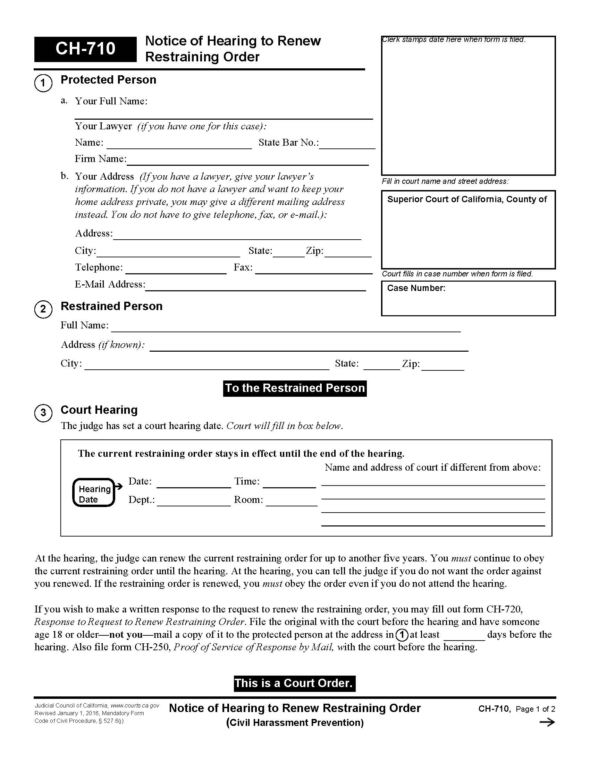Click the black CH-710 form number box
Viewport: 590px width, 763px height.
(85, 49)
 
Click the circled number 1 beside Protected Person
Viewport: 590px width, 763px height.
(43, 83)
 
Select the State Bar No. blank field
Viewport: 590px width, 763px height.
(347, 145)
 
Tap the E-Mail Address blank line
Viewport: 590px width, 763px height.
(255, 286)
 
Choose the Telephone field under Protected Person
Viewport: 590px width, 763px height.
(176, 269)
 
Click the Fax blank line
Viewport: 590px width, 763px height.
(313, 269)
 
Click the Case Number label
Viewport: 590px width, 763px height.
(416, 288)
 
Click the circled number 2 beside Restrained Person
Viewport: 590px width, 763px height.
(43, 309)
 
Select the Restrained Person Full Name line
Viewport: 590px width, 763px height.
(286, 327)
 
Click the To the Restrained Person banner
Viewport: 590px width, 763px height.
(295, 388)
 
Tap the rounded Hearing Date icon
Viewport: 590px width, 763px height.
(94, 492)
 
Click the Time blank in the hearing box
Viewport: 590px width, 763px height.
(289, 483)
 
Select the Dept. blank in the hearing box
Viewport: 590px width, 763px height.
(194, 501)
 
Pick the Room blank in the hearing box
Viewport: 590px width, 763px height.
(291, 501)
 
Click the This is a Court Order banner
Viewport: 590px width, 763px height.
(294, 683)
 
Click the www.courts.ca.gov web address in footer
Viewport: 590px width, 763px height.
(135, 706)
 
